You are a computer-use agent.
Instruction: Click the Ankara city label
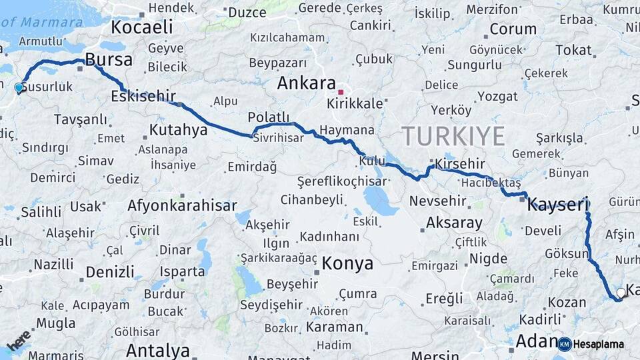tap(306, 83)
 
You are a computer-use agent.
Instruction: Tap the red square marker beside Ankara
tap(341, 92)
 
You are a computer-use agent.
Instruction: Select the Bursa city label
tap(109, 60)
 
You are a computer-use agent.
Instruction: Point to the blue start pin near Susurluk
tap(19, 87)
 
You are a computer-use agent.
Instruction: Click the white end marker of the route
tap(621, 292)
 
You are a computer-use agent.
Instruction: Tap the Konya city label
tap(347, 263)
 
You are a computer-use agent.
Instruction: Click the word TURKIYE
tap(453, 136)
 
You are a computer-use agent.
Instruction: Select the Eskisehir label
tap(143, 96)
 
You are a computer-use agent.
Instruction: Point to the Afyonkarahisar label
tap(182, 205)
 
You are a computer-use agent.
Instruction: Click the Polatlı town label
tap(269, 117)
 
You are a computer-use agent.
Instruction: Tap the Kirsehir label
tap(459, 164)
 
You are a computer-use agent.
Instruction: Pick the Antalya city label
tap(158, 350)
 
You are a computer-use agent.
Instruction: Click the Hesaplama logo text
tap(599, 344)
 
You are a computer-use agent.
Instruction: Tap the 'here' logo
tap(19, 339)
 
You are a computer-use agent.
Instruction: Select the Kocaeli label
tap(141, 27)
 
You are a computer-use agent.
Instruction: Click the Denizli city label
tap(110, 272)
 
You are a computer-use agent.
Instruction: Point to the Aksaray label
tap(454, 223)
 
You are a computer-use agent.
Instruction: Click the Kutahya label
tap(178, 129)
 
